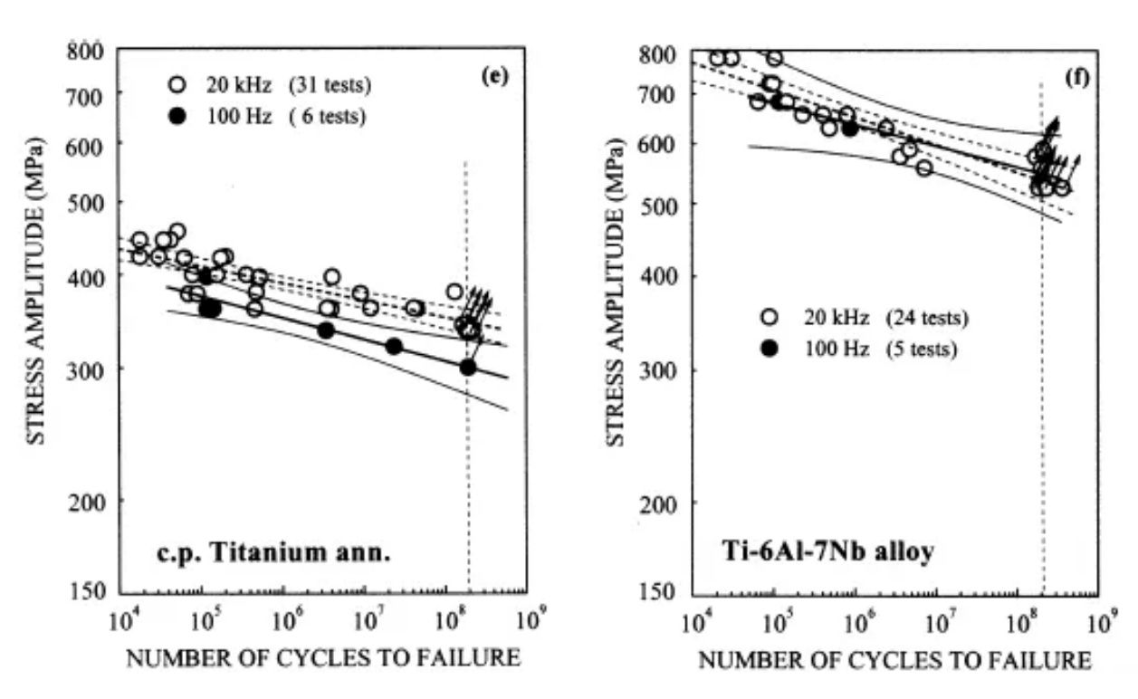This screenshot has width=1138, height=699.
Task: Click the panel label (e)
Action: tap(495, 74)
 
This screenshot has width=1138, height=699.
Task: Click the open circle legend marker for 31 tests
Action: tap(177, 85)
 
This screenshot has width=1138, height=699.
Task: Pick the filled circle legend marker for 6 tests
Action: tap(177, 116)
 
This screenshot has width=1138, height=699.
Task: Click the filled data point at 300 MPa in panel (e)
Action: tap(467, 367)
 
